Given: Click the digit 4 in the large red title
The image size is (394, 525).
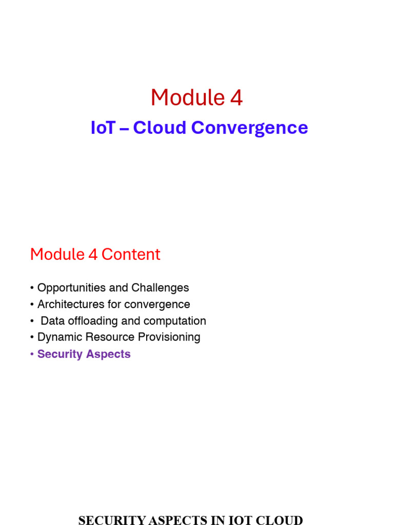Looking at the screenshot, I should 236,97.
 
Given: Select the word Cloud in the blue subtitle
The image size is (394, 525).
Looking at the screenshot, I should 160,128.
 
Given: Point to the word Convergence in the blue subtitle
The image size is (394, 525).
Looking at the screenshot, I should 250,128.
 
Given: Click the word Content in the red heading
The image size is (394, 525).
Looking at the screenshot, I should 131,254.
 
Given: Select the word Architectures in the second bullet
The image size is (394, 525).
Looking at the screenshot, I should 71,305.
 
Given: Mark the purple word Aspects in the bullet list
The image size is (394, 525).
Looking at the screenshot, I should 108,354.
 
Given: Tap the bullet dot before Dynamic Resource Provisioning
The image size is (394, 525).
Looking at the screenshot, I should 32,337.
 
